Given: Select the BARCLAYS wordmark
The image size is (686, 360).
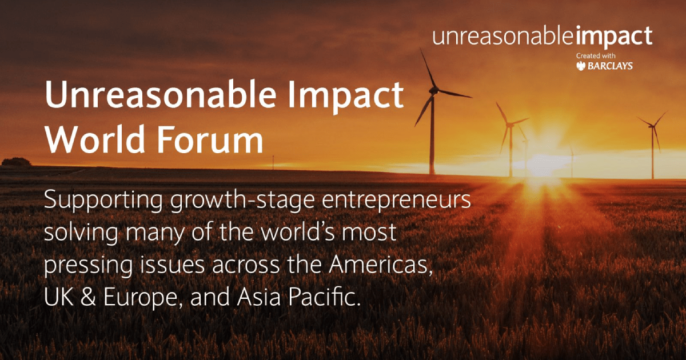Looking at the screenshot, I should (612, 67).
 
